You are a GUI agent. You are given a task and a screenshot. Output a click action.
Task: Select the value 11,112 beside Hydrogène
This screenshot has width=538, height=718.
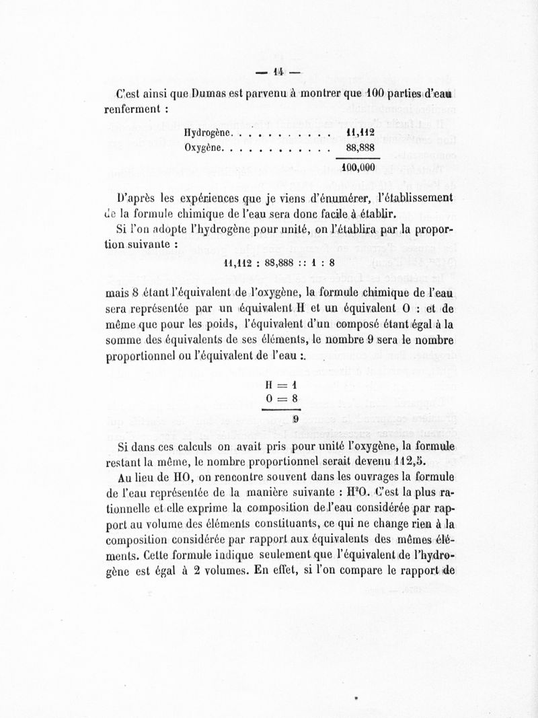tap(360, 132)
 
